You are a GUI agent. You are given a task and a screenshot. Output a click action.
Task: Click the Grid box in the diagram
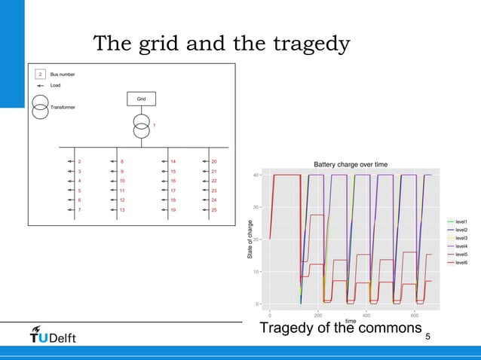(x=141, y=99)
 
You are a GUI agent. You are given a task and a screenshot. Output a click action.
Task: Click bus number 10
(x=122, y=181)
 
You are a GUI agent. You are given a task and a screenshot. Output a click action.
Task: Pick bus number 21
(x=214, y=172)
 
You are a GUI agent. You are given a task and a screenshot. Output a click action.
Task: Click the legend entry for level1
(x=460, y=221)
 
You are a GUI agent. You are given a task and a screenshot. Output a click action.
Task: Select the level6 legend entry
(x=460, y=263)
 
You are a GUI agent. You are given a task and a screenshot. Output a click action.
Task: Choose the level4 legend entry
(x=460, y=246)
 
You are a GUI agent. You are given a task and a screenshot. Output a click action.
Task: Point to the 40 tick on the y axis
(x=257, y=175)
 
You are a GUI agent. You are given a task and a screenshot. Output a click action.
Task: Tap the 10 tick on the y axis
(x=257, y=271)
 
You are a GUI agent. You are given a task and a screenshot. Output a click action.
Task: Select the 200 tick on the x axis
(x=318, y=316)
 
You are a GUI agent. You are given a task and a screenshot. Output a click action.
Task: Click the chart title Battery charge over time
(x=351, y=164)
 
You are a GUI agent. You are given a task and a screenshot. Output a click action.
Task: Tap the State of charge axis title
(x=250, y=239)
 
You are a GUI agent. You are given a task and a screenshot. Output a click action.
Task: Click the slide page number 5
(x=428, y=337)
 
